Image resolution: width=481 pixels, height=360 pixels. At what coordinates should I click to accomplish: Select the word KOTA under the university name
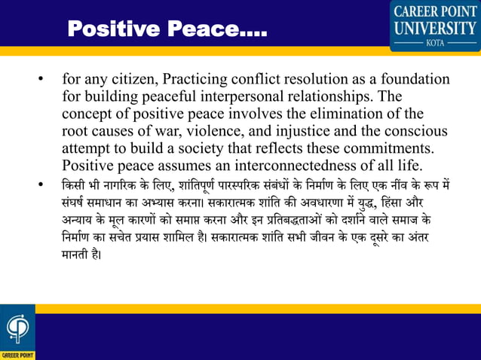(435, 44)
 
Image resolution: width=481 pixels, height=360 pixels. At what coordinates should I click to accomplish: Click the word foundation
(412, 80)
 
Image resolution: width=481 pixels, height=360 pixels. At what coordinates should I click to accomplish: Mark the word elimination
(359, 114)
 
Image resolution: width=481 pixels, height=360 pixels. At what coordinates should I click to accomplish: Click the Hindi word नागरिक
(119, 185)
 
